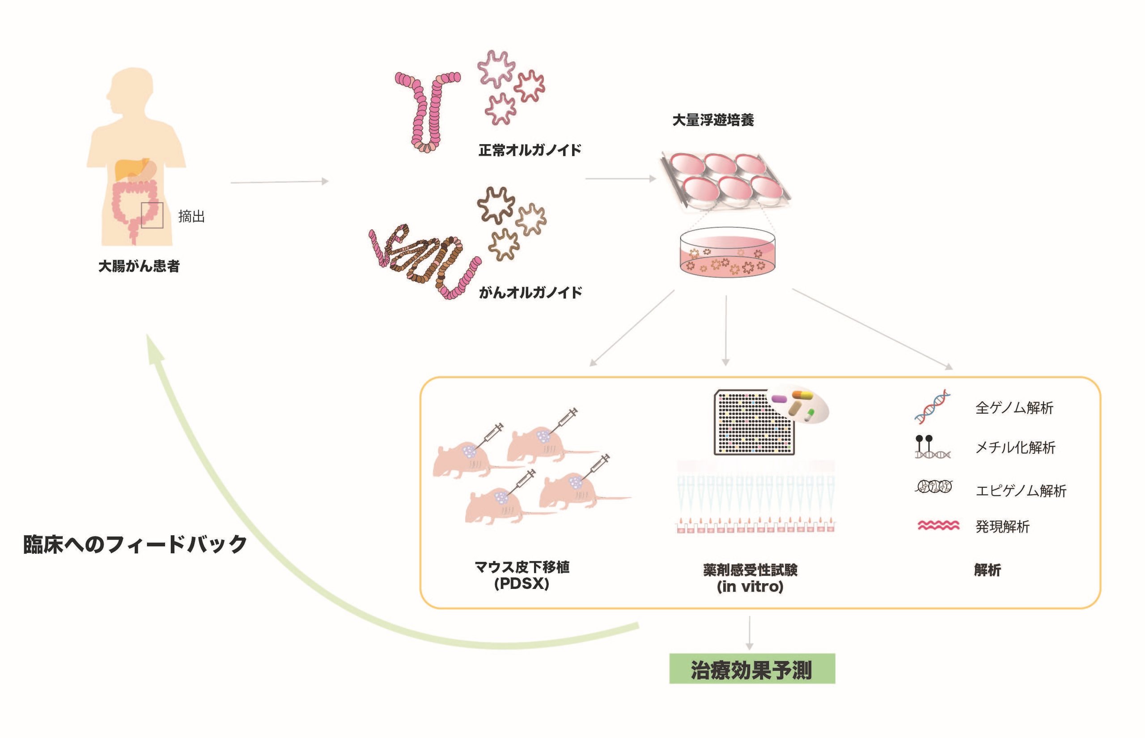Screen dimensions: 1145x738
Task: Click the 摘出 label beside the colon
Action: pyautogui.click(x=191, y=217)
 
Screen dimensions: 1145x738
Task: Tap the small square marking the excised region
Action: pyautogui.click(x=152, y=203)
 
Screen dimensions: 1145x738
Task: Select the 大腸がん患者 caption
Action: pyautogui.click(x=139, y=266)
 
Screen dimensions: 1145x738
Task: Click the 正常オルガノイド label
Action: pyautogui.click(x=530, y=150)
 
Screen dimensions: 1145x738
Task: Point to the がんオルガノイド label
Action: pyautogui.click(x=530, y=292)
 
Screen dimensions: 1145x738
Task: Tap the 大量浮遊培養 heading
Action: pyautogui.click(x=713, y=120)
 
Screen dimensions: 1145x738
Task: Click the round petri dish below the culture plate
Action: pyautogui.click(x=727, y=252)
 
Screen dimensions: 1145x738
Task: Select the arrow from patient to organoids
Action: pyautogui.click(x=280, y=182)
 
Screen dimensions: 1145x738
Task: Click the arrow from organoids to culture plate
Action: pyautogui.click(x=621, y=179)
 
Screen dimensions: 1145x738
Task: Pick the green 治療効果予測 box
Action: pyautogui.click(x=752, y=669)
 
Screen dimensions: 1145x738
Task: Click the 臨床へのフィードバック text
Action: pyautogui.click(x=135, y=544)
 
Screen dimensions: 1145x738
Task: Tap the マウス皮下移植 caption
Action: pyautogui.click(x=522, y=567)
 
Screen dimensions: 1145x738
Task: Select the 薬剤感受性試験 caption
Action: pyautogui.click(x=751, y=570)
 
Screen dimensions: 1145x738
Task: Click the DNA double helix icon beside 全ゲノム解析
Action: pyautogui.click(x=932, y=407)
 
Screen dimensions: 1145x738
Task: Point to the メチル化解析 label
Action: pyautogui.click(x=1015, y=448)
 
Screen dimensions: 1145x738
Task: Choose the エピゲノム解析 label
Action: pyautogui.click(x=1021, y=491)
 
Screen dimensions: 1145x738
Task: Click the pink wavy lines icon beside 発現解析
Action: pyautogui.click(x=939, y=526)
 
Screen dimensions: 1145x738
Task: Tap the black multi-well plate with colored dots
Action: pyautogui.click(x=754, y=422)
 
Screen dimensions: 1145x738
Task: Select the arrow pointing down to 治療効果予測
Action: pyautogui.click(x=750, y=633)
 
